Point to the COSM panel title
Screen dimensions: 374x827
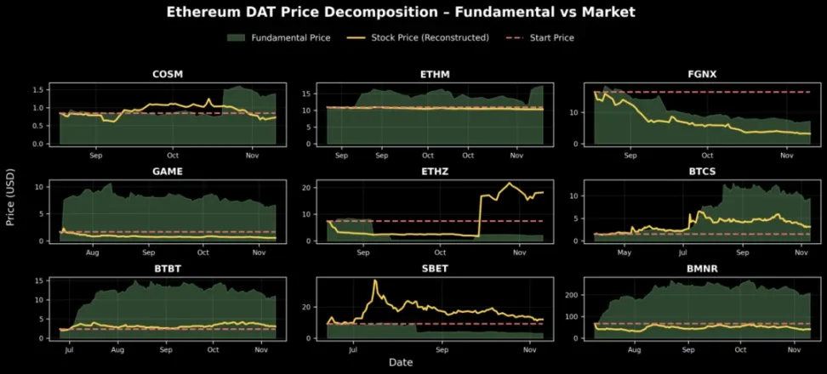click(167, 74)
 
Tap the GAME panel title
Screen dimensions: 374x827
click(167, 171)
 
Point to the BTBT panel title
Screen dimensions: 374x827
click(167, 268)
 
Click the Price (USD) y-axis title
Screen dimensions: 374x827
click(11, 207)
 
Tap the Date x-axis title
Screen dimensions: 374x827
click(401, 363)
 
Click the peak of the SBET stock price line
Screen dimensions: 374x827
click(374, 280)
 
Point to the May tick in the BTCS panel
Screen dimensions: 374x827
click(625, 253)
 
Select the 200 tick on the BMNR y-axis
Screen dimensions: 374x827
click(575, 295)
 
